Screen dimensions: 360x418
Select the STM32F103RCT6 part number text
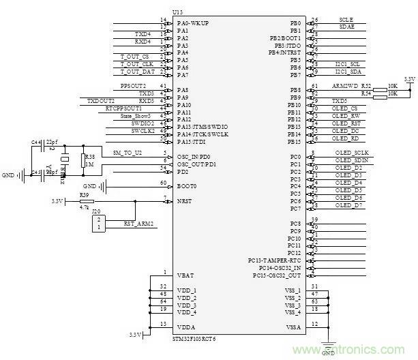196,337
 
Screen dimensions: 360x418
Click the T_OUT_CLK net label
135,64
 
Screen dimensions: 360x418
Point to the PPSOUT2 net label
133,86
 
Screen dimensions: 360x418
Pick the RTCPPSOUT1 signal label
123,108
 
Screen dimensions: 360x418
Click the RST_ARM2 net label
138,224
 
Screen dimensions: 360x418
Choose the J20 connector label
95,211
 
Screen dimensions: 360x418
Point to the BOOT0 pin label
186,185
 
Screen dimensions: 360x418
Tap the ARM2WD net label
344,87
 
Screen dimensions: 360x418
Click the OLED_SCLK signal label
352,153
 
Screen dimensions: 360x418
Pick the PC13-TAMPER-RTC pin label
275,260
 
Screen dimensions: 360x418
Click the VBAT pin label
183,275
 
